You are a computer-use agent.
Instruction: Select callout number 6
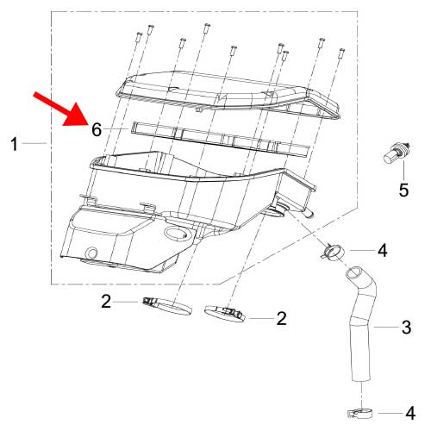pos(97,130)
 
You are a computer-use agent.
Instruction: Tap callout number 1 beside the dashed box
pos(15,144)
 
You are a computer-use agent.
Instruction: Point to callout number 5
pos(403,190)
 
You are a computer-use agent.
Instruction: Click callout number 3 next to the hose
pos(406,328)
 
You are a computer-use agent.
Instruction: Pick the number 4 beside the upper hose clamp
pos(382,251)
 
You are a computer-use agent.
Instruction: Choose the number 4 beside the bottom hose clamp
pos(410,413)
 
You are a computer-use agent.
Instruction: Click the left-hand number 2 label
pos(106,302)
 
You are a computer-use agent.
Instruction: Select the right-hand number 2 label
pos(281,319)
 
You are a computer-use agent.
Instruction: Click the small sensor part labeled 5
pos(397,152)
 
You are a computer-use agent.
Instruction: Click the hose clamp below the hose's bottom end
pos(360,414)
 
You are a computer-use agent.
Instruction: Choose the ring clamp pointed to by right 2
pos(225,314)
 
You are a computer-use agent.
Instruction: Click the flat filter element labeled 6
pos(220,139)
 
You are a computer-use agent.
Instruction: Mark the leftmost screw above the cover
pos(139,36)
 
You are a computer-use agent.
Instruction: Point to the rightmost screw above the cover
pos(341,53)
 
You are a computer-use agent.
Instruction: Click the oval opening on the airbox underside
pos(174,233)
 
